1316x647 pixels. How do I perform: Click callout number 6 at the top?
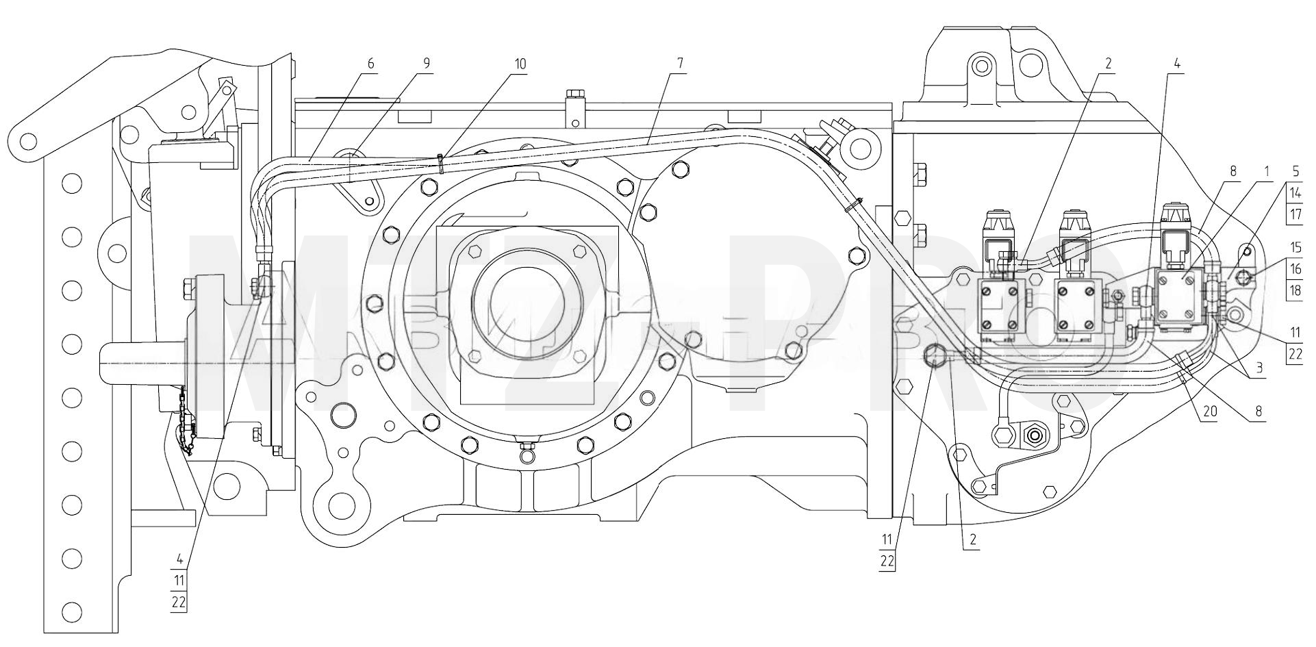371,64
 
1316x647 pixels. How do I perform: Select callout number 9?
427,64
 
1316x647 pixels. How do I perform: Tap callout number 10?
520,64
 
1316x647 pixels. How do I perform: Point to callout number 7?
680,64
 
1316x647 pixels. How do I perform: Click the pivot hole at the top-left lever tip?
28,141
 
